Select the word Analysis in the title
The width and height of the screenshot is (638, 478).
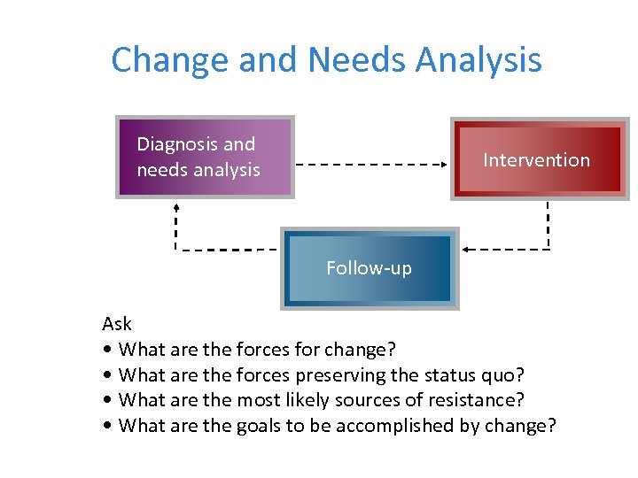pos(478,60)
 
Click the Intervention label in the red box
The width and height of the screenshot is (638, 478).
pos(536,160)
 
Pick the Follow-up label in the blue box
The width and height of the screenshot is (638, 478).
pos(369,268)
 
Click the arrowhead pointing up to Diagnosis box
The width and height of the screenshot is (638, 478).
pos(175,205)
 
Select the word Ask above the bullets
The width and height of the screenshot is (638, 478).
pos(117,323)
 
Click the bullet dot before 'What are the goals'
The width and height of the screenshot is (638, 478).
pos(107,426)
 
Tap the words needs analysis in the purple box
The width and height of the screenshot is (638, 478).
pos(198,170)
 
